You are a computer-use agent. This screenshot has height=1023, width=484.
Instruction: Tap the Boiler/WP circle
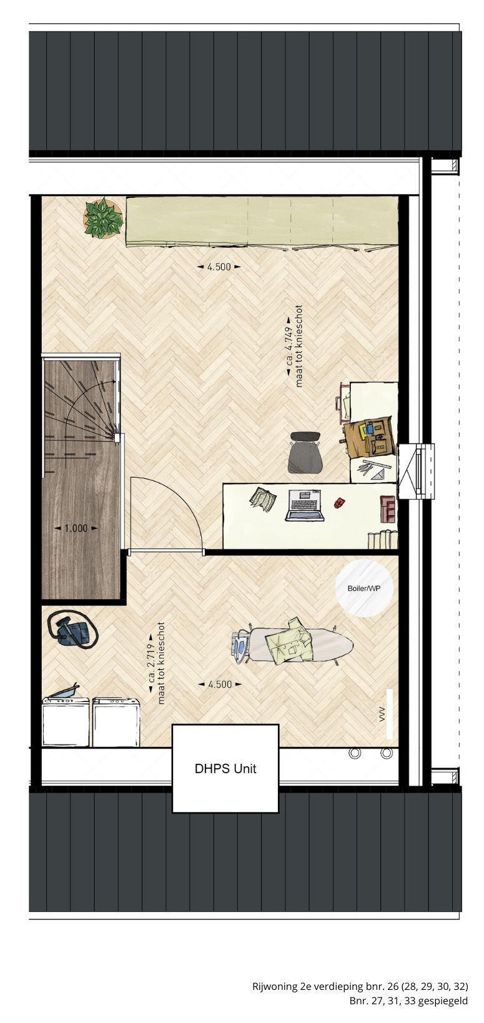click(365, 588)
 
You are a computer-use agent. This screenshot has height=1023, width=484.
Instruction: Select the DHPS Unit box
click(225, 769)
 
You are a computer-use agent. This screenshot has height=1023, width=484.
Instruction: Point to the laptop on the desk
click(305, 505)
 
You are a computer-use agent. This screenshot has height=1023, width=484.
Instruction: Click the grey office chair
click(305, 452)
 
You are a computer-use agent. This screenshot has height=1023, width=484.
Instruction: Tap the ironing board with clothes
click(292, 644)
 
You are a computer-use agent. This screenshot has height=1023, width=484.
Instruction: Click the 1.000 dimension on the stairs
click(76, 528)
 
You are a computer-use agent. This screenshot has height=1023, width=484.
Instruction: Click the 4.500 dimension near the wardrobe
click(219, 267)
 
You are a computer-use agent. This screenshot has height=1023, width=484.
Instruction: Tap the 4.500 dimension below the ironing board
click(219, 684)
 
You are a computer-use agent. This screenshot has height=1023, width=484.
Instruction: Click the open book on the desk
click(264, 499)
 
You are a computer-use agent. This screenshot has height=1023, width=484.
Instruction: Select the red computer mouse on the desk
click(338, 503)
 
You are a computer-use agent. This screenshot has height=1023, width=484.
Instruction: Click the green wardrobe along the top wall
click(262, 222)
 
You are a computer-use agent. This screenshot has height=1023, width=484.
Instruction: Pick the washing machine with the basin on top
click(66, 721)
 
